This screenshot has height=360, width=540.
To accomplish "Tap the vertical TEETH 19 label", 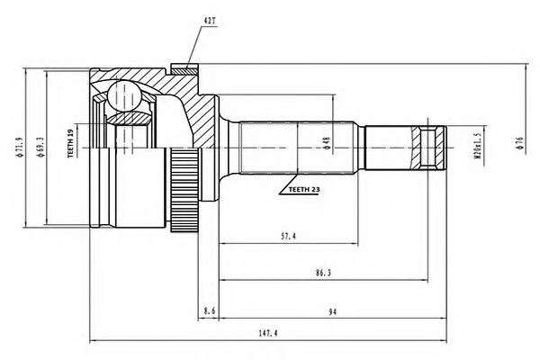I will pyautogui.click(x=69, y=144).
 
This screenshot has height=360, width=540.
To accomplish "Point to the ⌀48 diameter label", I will pyautogui.click(x=327, y=144).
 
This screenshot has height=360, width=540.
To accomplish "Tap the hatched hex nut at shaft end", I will pyautogui.click(x=429, y=145).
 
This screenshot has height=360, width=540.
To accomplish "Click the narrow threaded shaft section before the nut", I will pyautogui.click(x=389, y=145).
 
